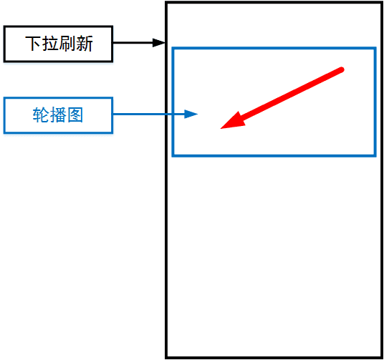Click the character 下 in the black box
(33, 44)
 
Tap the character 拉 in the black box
(50, 44)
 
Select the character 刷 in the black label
(67, 44)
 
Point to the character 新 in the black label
(85, 44)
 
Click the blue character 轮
(41, 115)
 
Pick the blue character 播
(58, 115)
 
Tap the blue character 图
(75, 115)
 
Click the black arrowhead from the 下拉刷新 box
(159, 42)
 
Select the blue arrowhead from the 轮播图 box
(191, 114)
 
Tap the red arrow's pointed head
(221, 128)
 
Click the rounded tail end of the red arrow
(342, 69)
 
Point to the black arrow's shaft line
(133, 42)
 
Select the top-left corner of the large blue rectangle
(173, 48)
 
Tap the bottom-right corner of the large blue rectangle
(375, 155)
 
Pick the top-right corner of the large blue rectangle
(375, 48)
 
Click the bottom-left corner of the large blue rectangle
(173, 155)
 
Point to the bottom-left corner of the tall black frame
(166, 358)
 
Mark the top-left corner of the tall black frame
(166, 2)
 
